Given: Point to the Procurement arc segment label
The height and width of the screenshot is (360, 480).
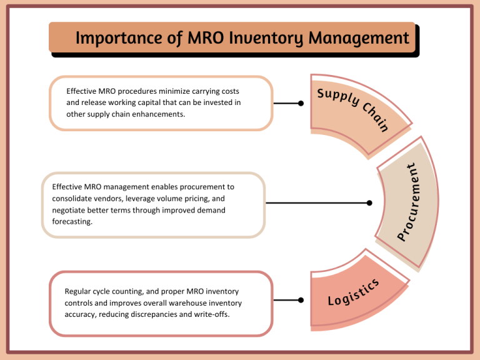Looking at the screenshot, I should pyautogui.click(x=409, y=201).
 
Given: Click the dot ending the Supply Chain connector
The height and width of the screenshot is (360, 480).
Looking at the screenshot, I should pyautogui.click(x=301, y=104).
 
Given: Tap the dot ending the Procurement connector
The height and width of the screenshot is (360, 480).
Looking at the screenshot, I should pyautogui.click(x=369, y=202).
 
